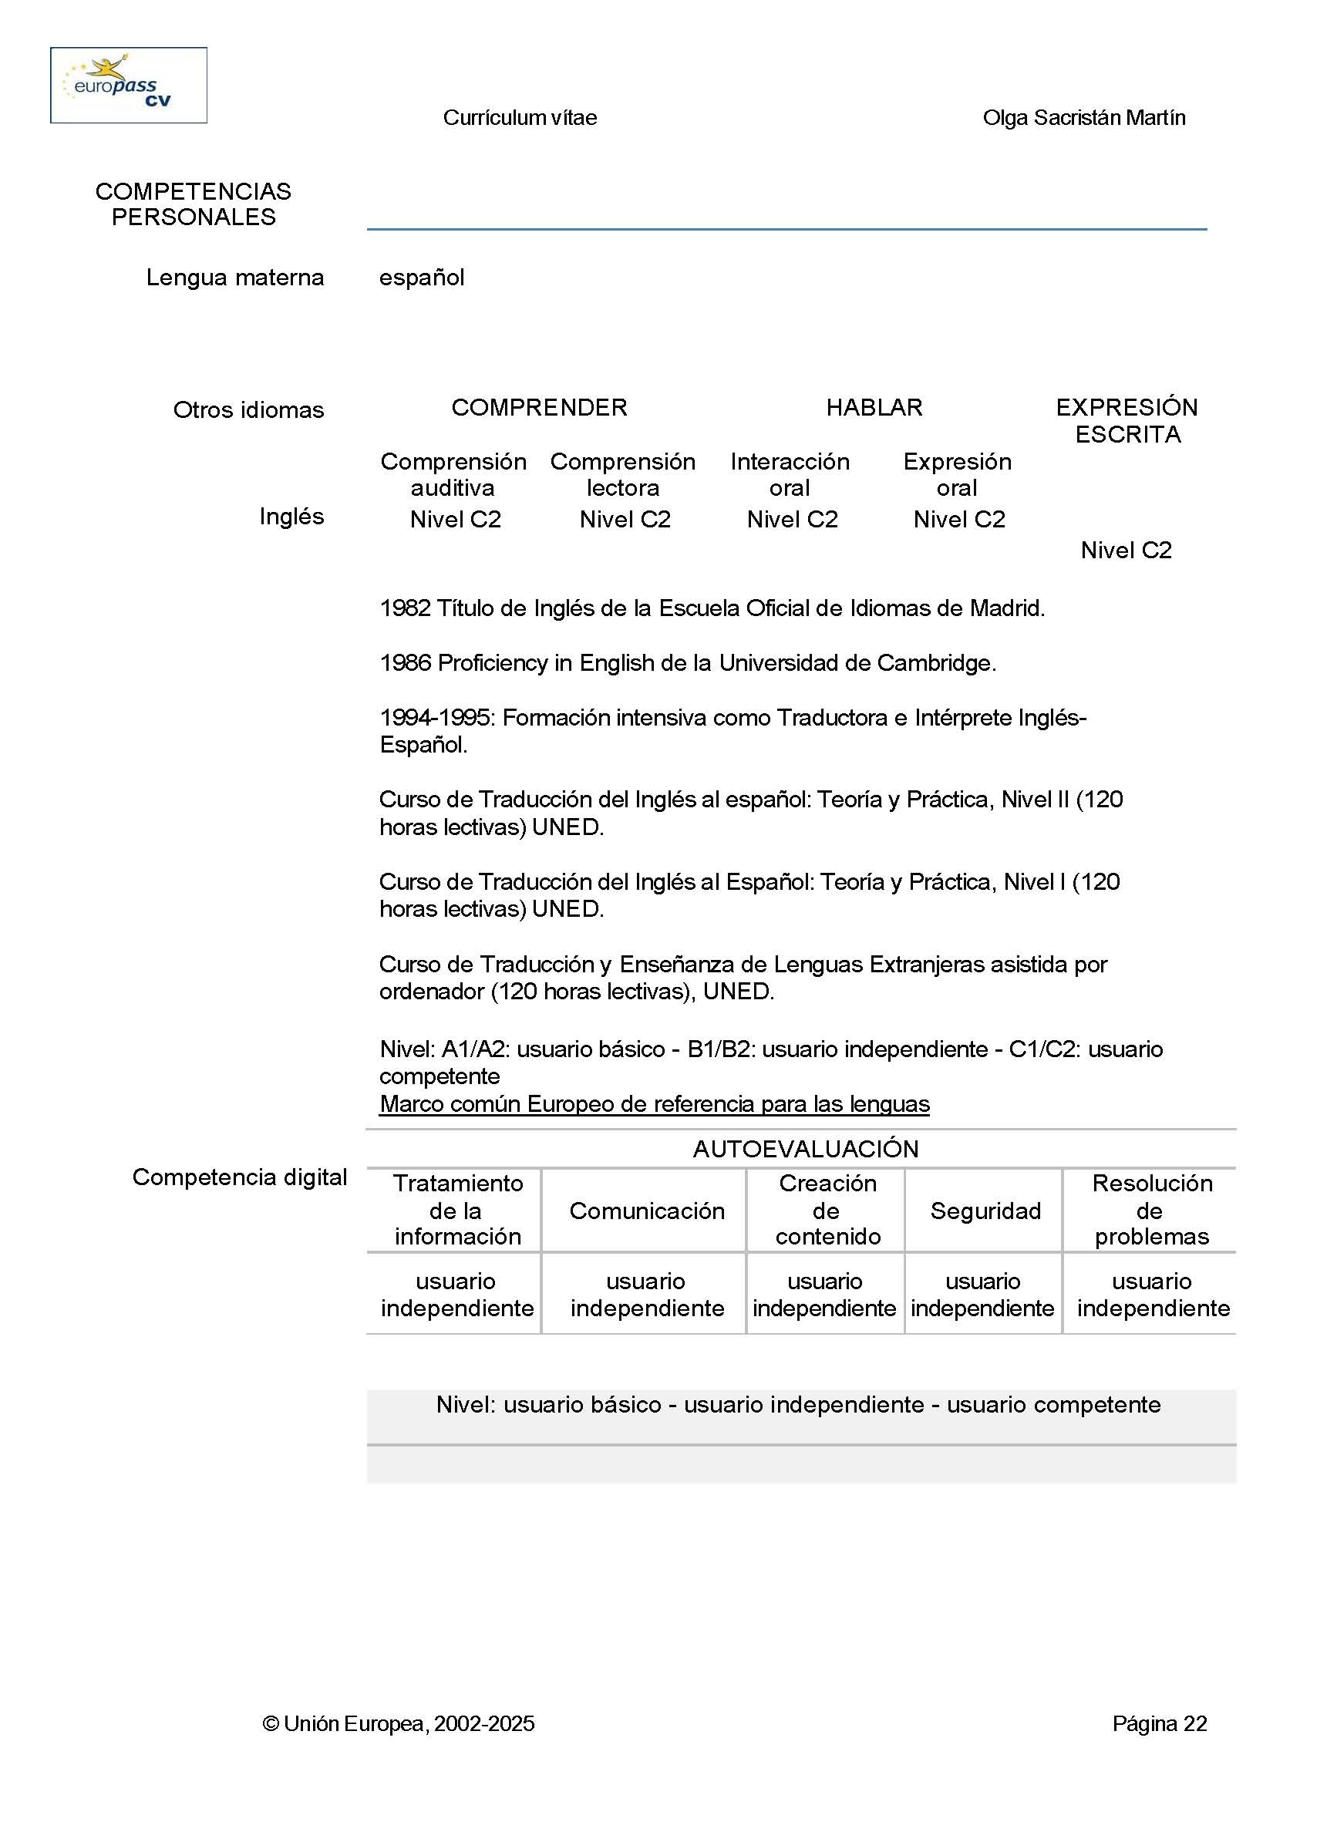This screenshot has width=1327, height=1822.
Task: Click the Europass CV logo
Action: pyautogui.click(x=129, y=85)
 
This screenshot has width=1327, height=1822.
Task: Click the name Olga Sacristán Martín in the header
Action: pyautogui.click(x=1083, y=118)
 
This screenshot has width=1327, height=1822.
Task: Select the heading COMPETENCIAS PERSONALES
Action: pyautogui.click(x=194, y=204)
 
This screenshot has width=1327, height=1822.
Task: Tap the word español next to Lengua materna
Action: pyautogui.click(x=422, y=278)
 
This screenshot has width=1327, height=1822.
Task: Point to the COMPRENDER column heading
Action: pyautogui.click(x=539, y=407)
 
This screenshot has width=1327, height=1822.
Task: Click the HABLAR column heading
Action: pyautogui.click(x=874, y=407)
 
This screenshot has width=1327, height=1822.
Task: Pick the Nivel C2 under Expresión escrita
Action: pyautogui.click(x=1126, y=551)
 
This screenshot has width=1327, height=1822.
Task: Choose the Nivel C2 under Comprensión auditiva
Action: pyautogui.click(x=455, y=520)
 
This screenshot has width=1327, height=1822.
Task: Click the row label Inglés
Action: pyautogui.click(x=291, y=517)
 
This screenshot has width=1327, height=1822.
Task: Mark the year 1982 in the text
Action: pyautogui.click(x=405, y=608)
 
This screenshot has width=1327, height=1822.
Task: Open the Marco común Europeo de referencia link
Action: pyautogui.click(x=654, y=1104)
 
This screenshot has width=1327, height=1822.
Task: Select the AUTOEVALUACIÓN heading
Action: pyautogui.click(x=805, y=1149)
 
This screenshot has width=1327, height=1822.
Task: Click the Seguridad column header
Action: pyautogui.click(x=985, y=1211)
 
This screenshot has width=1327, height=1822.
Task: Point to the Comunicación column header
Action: pyautogui.click(x=647, y=1211)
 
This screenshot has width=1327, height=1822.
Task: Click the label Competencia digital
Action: pyautogui.click(x=239, y=1177)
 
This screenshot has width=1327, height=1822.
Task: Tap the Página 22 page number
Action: pyautogui.click(x=1159, y=1723)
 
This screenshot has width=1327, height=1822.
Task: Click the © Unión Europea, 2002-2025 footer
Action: pyautogui.click(x=399, y=1723)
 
